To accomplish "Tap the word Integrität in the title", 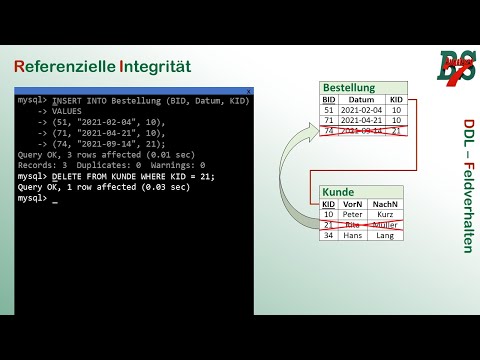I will (x=155, y=67).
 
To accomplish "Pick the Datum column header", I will (x=360, y=100).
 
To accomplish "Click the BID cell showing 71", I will (x=329, y=120).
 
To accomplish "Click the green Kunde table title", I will (x=338, y=191).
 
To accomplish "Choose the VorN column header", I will (x=352, y=203).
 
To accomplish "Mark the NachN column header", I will (x=385, y=203).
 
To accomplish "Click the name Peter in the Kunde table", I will (x=352, y=214).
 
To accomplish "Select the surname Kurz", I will (x=385, y=214).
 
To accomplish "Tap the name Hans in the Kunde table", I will (x=352, y=235).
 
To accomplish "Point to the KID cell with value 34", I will (x=329, y=235).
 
